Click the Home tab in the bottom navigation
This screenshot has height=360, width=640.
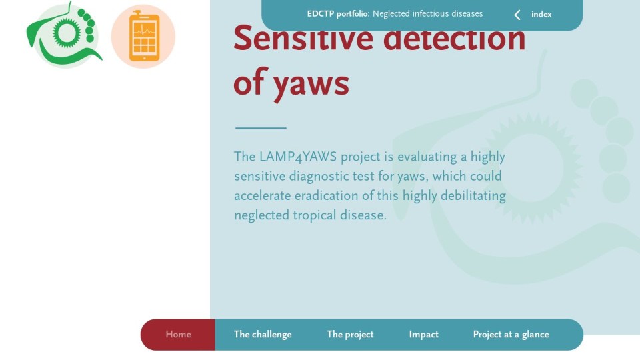click(178, 335)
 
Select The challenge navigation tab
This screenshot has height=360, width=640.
click(263, 335)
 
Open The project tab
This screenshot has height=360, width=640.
click(350, 335)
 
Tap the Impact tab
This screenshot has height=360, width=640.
click(424, 335)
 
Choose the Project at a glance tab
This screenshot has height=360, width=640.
click(511, 335)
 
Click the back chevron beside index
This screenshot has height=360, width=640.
click(517, 15)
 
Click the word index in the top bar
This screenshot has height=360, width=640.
click(541, 15)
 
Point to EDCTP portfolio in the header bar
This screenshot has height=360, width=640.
click(337, 14)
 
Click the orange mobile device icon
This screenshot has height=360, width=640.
click(144, 36)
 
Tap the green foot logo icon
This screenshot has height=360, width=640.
click(64, 35)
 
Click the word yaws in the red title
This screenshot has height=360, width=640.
click(311, 85)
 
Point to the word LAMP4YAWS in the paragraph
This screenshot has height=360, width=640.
click(298, 157)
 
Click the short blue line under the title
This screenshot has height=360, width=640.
click(261, 128)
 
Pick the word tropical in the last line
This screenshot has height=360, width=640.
click(315, 215)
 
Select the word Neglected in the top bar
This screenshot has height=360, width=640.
click(391, 14)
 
